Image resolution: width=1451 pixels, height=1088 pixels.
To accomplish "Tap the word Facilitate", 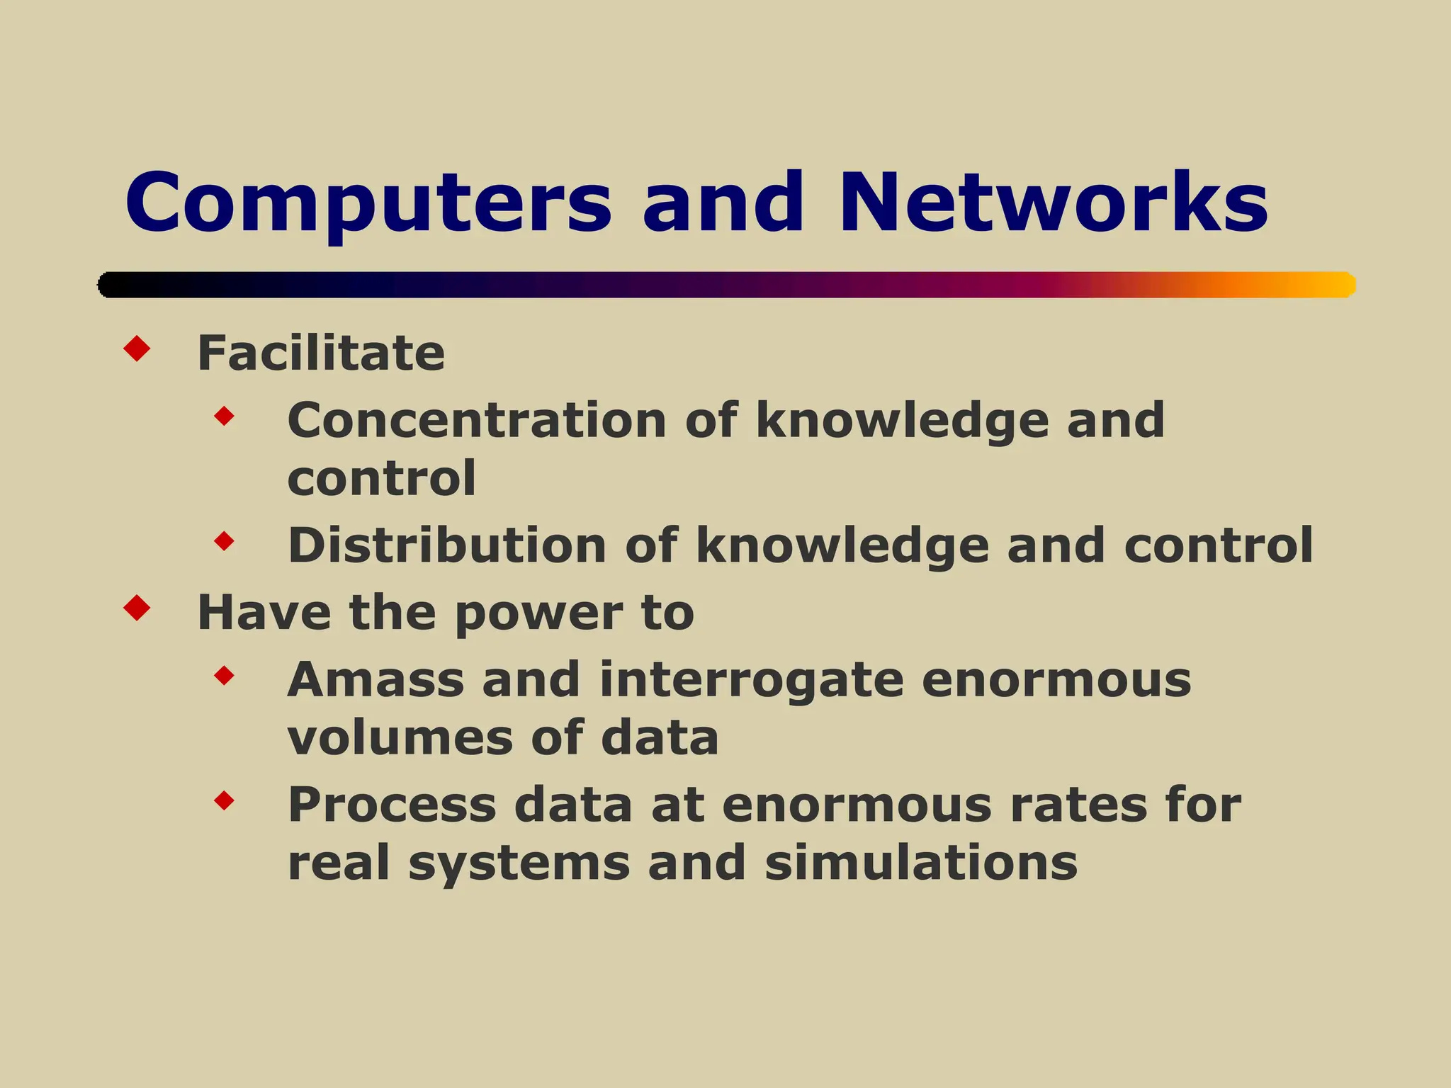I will point(321,353).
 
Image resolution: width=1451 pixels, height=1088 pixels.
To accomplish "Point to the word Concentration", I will point(477,421).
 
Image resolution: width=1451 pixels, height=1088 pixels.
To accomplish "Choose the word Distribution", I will point(447,545).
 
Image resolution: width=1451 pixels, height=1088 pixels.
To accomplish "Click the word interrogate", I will point(752,680).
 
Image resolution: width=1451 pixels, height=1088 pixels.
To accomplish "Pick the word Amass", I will point(376,680).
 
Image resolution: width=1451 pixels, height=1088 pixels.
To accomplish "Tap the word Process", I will point(393,805).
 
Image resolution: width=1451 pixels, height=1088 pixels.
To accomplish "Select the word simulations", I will point(921,863).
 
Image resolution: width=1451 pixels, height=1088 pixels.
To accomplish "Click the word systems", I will point(519,863).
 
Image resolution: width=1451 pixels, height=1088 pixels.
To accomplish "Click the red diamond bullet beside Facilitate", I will point(137,348).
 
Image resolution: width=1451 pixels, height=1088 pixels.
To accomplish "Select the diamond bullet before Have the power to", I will point(137,608).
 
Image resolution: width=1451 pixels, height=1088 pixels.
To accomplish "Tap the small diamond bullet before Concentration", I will point(224,416).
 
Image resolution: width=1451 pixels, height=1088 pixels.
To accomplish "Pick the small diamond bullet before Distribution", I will point(224,542).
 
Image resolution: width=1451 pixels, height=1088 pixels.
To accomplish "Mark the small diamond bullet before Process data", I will point(224,801).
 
